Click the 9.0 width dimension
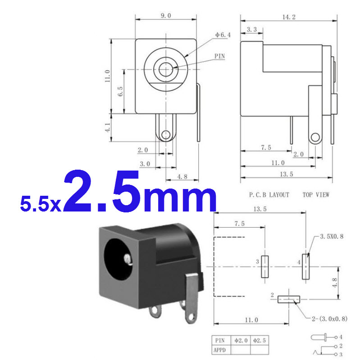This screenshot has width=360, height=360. tap(166, 15)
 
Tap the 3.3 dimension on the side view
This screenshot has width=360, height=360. tap(252, 30)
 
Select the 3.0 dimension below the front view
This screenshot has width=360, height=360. tap(144, 164)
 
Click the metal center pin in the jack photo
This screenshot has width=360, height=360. tap(129, 259)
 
